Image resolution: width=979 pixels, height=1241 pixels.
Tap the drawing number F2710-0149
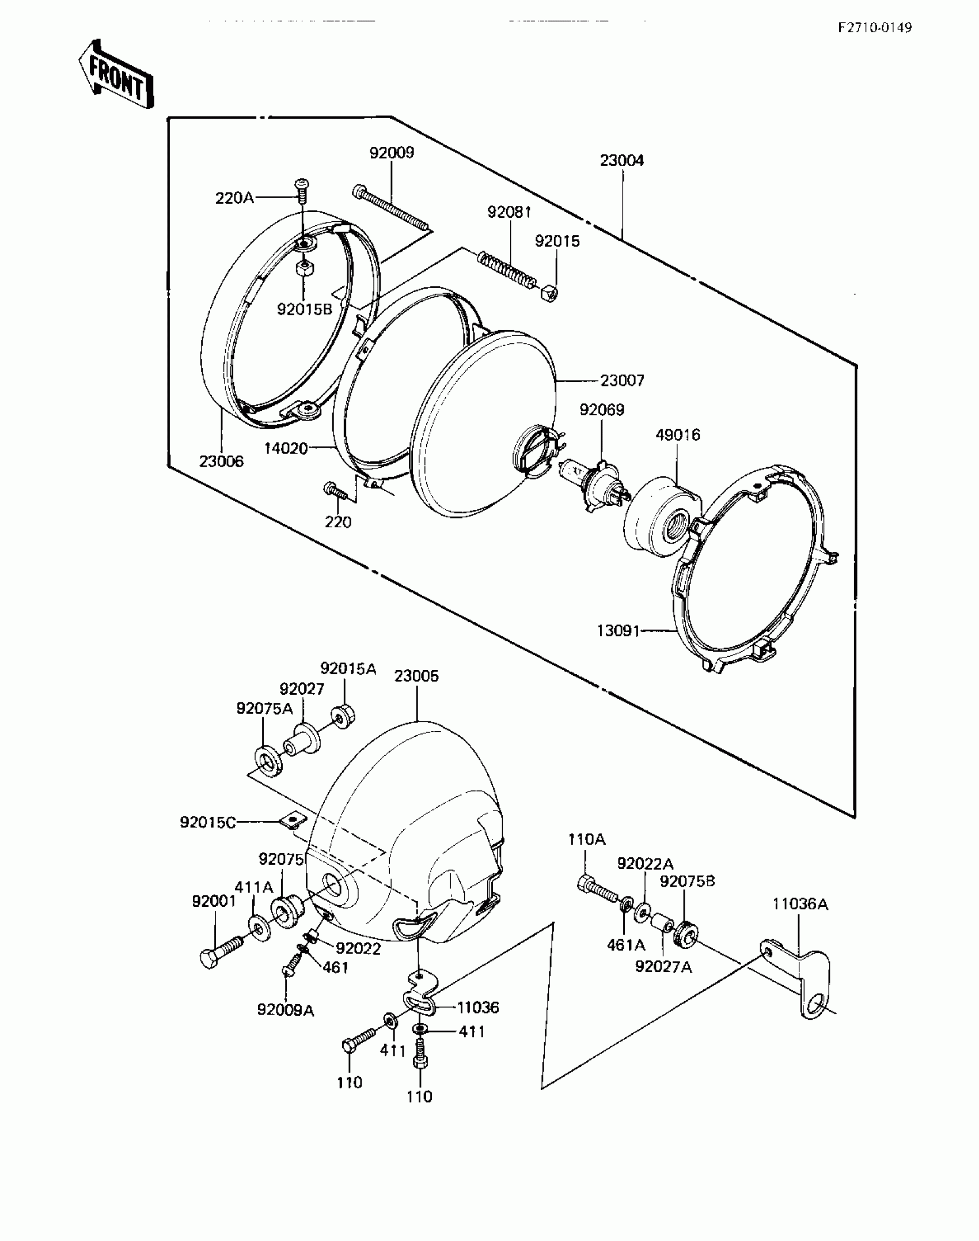(875, 28)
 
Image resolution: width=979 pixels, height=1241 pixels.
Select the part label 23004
(621, 160)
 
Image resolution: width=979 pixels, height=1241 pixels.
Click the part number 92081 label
(509, 212)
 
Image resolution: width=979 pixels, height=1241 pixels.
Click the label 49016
(678, 434)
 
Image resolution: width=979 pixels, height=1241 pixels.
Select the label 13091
(618, 631)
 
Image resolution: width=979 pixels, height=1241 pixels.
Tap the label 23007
(622, 380)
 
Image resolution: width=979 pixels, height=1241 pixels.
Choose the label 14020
(286, 448)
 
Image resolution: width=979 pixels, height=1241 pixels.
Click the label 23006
(222, 461)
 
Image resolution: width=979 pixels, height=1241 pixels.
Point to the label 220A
(234, 198)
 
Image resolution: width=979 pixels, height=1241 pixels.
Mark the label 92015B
(305, 309)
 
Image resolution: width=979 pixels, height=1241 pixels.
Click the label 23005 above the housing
(416, 676)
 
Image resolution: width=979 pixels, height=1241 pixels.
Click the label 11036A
(800, 904)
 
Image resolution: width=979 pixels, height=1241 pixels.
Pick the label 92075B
(687, 881)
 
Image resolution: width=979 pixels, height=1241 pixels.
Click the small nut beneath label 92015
(549, 295)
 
